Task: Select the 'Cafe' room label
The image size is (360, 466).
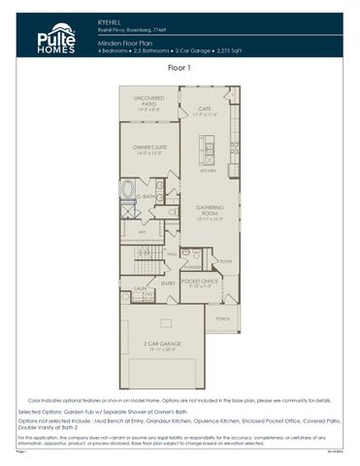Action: click(205, 111)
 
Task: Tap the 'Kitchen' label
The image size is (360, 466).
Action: click(208, 170)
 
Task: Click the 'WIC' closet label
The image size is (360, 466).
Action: click(141, 232)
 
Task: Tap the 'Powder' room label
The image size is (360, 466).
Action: click(192, 265)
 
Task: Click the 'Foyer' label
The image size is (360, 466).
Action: click(225, 260)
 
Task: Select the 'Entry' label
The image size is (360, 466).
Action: click(168, 283)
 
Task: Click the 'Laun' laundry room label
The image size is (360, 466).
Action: click(141, 288)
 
